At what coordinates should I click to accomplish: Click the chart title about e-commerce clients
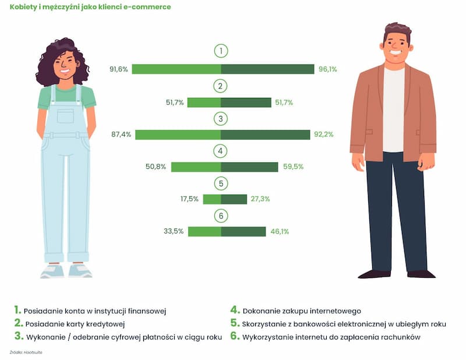click(x=90, y=7)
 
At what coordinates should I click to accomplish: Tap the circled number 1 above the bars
click(x=221, y=51)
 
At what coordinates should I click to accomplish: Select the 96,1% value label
click(x=328, y=69)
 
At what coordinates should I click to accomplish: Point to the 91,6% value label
click(x=119, y=69)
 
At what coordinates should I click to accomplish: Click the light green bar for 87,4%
click(x=178, y=135)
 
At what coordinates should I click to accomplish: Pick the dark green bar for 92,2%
click(x=266, y=135)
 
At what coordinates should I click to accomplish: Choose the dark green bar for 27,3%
click(x=234, y=199)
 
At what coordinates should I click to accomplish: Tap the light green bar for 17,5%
click(x=212, y=199)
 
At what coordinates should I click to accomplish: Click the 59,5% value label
click(x=294, y=167)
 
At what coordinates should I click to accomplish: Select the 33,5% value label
click(x=174, y=231)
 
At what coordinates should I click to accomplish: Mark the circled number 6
click(x=221, y=216)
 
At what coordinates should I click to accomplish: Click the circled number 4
click(x=221, y=151)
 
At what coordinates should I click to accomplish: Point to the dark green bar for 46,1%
click(x=243, y=232)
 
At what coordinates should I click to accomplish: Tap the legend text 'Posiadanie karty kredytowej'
click(x=75, y=324)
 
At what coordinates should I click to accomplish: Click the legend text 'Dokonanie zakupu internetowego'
click(x=302, y=311)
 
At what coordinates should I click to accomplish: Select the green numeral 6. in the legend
click(x=235, y=336)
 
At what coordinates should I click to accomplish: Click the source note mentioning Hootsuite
click(x=26, y=352)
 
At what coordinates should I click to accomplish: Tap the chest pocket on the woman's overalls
click(x=65, y=116)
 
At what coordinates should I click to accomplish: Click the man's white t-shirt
click(x=394, y=110)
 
